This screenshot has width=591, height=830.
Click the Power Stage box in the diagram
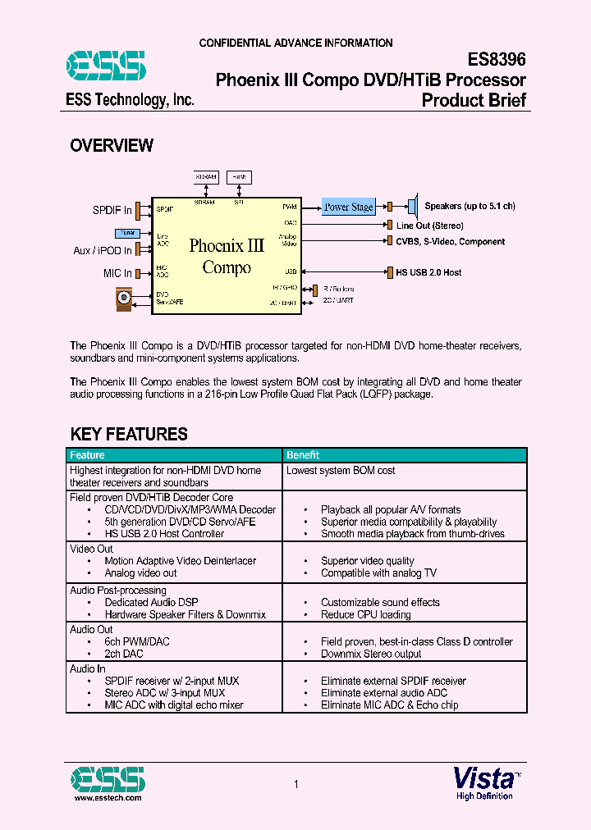[x=349, y=207]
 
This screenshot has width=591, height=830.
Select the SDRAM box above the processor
[x=205, y=177]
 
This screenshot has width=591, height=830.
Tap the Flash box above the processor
[x=239, y=177]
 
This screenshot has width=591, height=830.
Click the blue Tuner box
[x=126, y=233]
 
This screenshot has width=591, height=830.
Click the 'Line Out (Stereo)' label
[x=430, y=226]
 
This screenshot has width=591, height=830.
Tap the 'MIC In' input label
[x=117, y=273]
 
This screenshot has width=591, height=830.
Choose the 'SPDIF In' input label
[x=112, y=211]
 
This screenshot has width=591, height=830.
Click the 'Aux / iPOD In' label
[x=103, y=250]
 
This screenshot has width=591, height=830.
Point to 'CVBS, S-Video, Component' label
[x=451, y=241]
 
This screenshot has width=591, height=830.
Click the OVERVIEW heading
[x=112, y=146]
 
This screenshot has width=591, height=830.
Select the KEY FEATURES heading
[x=129, y=434]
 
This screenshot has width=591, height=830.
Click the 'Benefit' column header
[x=303, y=455]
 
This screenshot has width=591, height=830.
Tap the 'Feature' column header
[x=87, y=455]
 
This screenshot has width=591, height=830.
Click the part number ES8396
[x=497, y=60]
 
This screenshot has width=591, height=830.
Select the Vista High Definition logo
[x=485, y=782]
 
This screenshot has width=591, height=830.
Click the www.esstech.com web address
[x=108, y=797]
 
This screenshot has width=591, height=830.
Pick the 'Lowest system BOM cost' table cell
[x=341, y=471]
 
